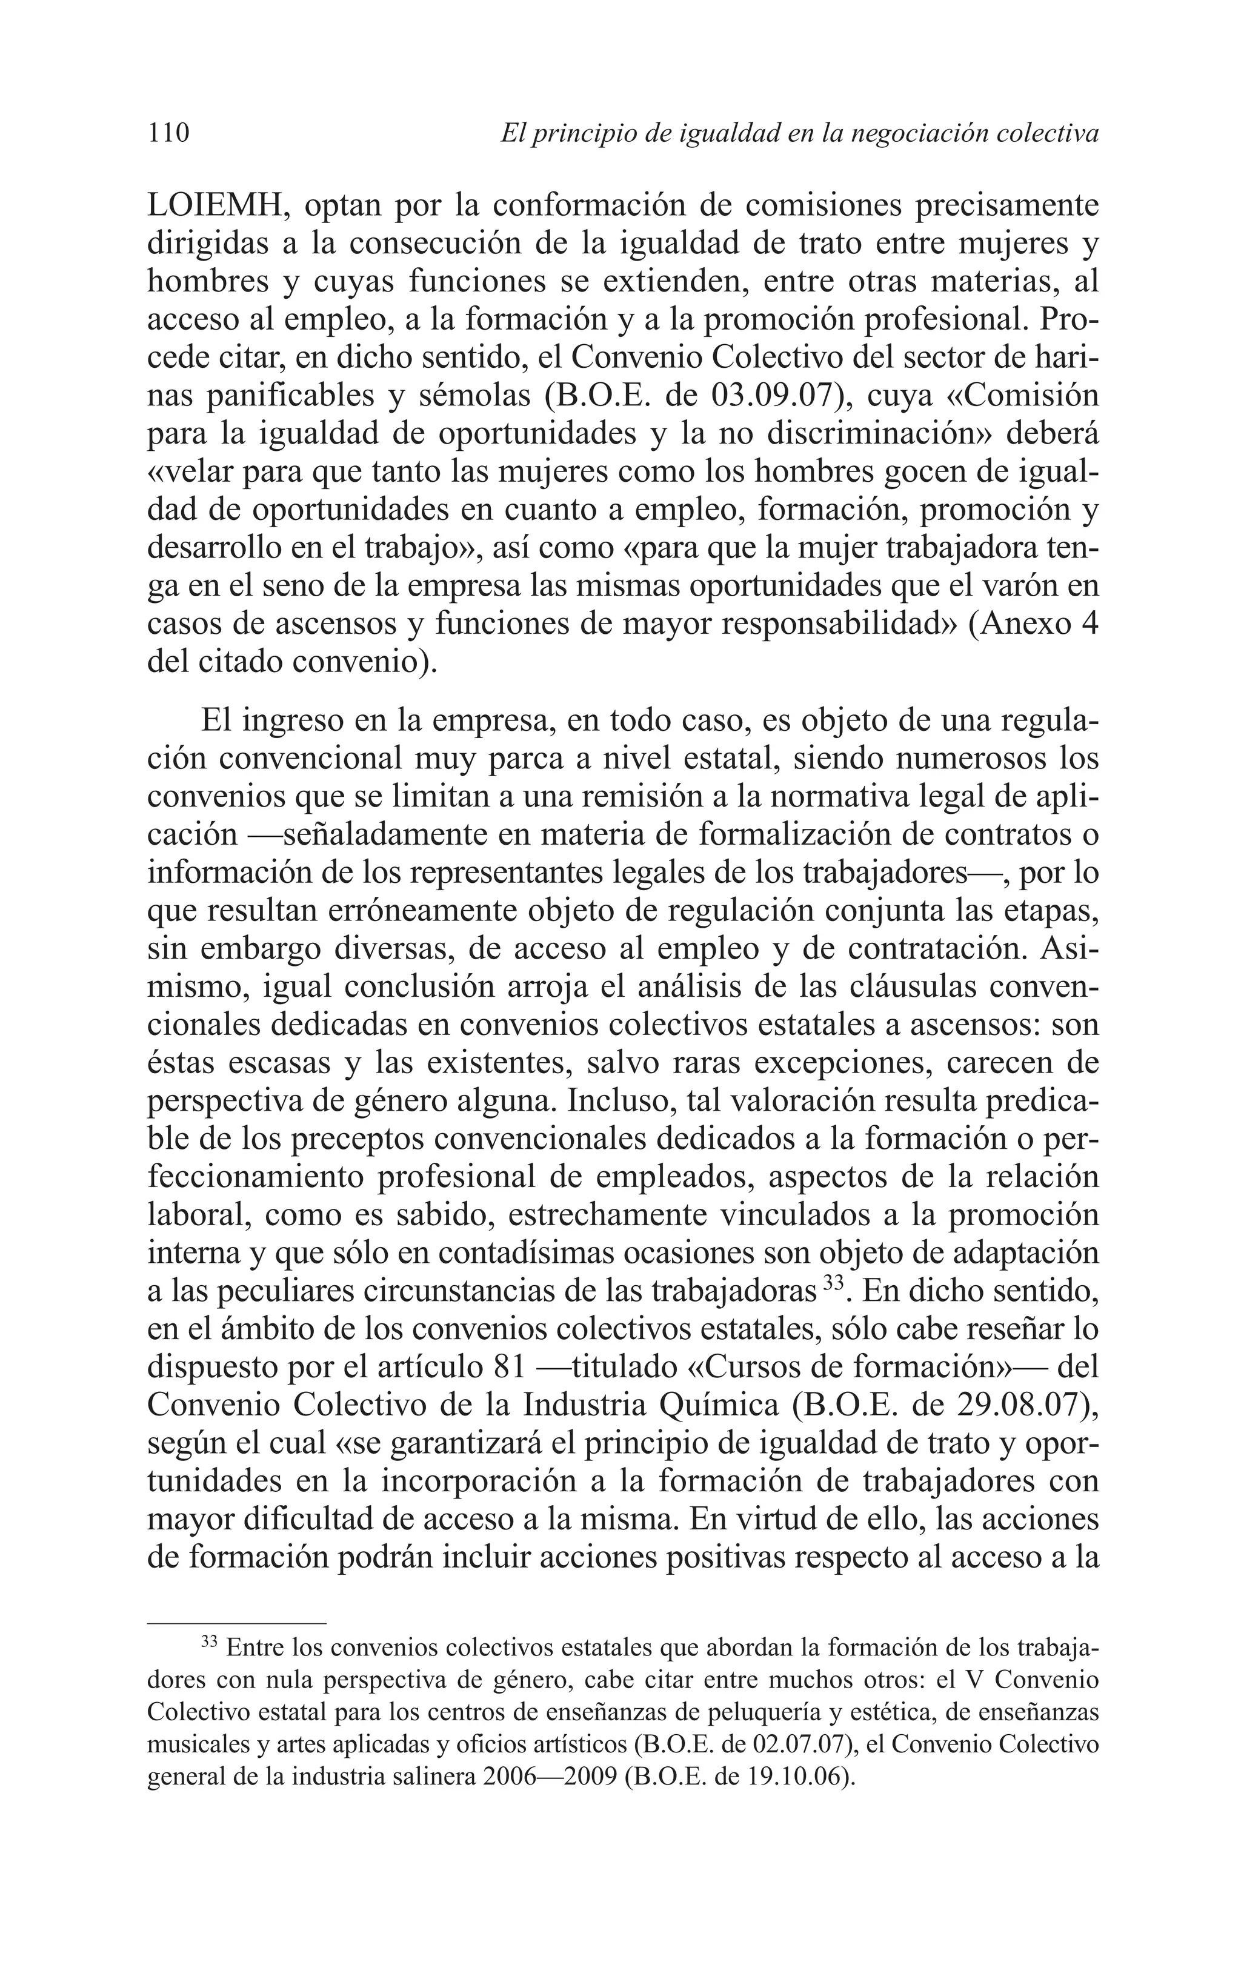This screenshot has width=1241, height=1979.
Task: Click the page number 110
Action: (x=168, y=132)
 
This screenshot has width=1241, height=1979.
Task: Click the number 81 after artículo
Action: (x=514, y=1368)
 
